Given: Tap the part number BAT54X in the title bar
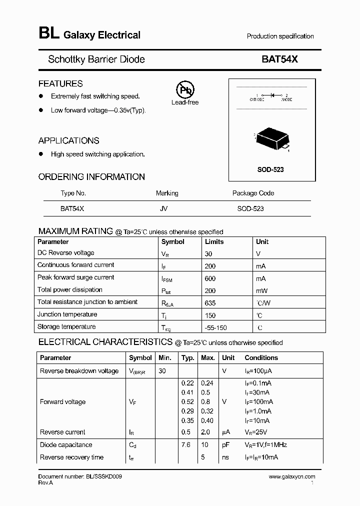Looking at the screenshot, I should (x=279, y=59).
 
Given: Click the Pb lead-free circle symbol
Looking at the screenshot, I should (x=185, y=90).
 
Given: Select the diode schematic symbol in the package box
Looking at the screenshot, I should (x=272, y=95).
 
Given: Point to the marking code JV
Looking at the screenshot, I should (x=163, y=208).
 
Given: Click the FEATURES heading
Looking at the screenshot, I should (x=60, y=83).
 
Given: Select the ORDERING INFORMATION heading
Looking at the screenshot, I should (x=91, y=176).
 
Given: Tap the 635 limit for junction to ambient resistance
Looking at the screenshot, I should (x=211, y=302).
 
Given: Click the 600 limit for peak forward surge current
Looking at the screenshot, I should (x=210, y=278).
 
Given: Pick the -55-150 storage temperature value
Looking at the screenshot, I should (x=216, y=327).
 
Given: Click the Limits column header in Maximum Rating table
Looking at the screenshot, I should (x=214, y=241).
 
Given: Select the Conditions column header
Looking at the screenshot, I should (x=261, y=358).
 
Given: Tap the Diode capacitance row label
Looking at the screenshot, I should (x=66, y=445).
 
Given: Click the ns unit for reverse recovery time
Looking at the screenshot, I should (x=226, y=457).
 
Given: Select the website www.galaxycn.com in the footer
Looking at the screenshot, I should (x=292, y=477).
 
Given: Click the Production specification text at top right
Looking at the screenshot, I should (x=280, y=36).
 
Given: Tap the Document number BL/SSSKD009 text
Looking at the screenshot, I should (x=80, y=477).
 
